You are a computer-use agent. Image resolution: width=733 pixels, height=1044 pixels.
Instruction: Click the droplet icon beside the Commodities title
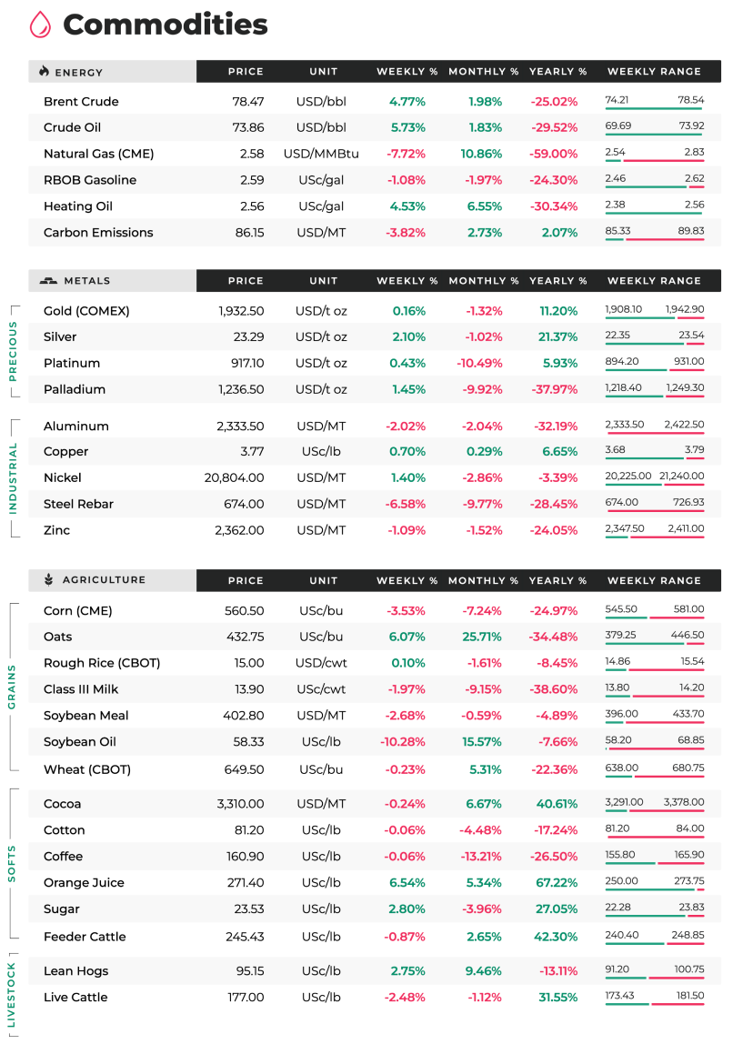pyautogui.click(x=40, y=25)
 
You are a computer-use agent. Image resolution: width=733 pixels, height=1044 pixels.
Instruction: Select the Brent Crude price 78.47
pyautogui.click(x=247, y=101)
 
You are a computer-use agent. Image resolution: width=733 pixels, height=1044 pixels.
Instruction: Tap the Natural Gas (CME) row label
pyautogui.click(x=98, y=154)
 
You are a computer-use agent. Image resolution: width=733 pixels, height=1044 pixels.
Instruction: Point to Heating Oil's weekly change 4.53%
pyautogui.click(x=407, y=206)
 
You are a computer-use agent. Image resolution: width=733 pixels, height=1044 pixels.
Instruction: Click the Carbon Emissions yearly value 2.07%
pyautogui.click(x=559, y=233)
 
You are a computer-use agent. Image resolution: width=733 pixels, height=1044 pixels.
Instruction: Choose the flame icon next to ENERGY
pyautogui.click(x=44, y=71)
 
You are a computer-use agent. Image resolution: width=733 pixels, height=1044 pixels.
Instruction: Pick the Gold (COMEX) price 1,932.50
pyautogui.click(x=241, y=311)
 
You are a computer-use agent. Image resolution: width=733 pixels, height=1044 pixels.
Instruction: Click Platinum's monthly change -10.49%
pyautogui.click(x=479, y=363)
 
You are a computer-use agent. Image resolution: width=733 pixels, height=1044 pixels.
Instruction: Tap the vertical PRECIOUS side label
pyautogui.click(x=12, y=351)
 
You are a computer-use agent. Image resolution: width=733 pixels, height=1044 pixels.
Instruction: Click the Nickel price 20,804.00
pyautogui.click(x=235, y=477)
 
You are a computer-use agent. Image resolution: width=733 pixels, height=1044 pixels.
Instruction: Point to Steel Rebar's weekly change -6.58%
pyautogui.click(x=406, y=504)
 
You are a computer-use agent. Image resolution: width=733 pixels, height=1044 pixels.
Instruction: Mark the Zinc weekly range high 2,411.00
pyautogui.click(x=686, y=528)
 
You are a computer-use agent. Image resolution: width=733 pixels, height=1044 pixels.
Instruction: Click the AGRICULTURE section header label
pyautogui.click(x=104, y=580)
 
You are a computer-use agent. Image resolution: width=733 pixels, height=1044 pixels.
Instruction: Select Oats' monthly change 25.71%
pyautogui.click(x=482, y=637)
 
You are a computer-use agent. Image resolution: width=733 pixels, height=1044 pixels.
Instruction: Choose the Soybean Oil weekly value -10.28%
pyautogui.click(x=403, y=742)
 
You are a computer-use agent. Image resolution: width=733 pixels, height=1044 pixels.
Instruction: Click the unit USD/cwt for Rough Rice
pyautogui.click(x=321, y=663)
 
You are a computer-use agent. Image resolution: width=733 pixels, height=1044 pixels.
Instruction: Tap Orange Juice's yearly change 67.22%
pyautogui.click(x=557, y=883)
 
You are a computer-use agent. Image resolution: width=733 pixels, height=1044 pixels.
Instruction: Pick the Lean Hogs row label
pyautogui.click(x=75, y=970)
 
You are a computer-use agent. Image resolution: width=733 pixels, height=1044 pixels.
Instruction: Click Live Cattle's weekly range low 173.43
pyautogui.click(x=619, y=996)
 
